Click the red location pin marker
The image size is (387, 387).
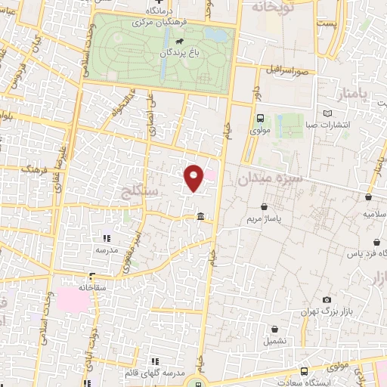(x=194, y=177)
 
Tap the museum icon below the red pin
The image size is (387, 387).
(x=200, y=218)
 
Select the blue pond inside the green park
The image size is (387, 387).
(x=216, y=35)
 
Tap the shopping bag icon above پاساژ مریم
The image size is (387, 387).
(x=264, y=206)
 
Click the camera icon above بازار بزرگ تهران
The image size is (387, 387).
(x=327, y=299)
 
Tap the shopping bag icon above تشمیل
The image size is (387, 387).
(x=274, y=330)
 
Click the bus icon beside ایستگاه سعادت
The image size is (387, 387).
(x=304, y=371)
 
